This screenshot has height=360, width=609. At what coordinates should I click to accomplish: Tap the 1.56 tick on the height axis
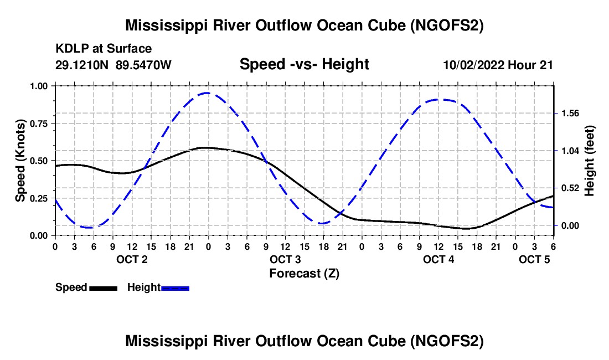[x=570, y=114]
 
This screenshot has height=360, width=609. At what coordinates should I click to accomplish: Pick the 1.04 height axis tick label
[x=570, y=151]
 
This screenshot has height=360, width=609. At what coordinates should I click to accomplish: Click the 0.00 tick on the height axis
[x=570, y=225]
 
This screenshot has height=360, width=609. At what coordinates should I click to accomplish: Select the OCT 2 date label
[x=132, y=259]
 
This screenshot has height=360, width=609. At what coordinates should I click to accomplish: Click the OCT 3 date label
[x=286, y=259]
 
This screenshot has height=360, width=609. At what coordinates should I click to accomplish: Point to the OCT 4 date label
[x=438, y=259]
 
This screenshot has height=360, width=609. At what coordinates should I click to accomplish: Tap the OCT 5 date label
[x=534, y=259]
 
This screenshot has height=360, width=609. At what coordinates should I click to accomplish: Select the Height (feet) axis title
[x=589, y=161]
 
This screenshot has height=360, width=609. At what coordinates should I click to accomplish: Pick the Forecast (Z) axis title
[x=304, y=274]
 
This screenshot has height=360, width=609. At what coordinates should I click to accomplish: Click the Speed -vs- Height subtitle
[x=304, y=64]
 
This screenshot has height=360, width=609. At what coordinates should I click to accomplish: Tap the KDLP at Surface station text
[x=104, y=49]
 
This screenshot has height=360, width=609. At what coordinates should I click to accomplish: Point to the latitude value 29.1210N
[x=82, y=65]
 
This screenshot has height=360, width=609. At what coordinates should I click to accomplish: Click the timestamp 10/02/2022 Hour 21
[x=498, y=65]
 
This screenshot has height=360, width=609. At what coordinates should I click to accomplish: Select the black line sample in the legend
[x=104, y=288]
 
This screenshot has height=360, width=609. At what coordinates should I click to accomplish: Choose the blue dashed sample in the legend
[x=175, y=288]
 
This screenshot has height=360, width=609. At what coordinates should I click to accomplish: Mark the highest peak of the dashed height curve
[x=207, y=93]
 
